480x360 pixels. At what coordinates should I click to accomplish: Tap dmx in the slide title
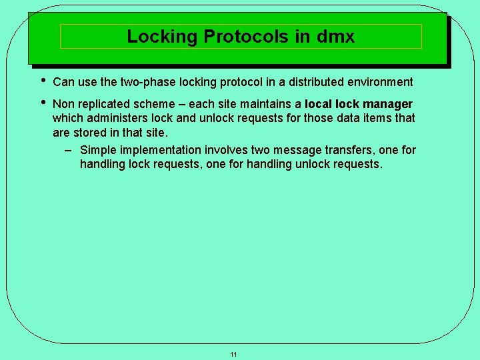coord(337,36)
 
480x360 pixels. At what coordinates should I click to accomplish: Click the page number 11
coord(233,354)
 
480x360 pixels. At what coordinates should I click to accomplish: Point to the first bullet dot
coord(41,80)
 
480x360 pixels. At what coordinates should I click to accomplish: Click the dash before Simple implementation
coord(68,150)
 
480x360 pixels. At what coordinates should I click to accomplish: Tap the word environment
coord(377,82)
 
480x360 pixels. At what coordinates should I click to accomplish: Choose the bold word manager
coord(387,104)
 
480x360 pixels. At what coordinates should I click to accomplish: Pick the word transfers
coord(348,151)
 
